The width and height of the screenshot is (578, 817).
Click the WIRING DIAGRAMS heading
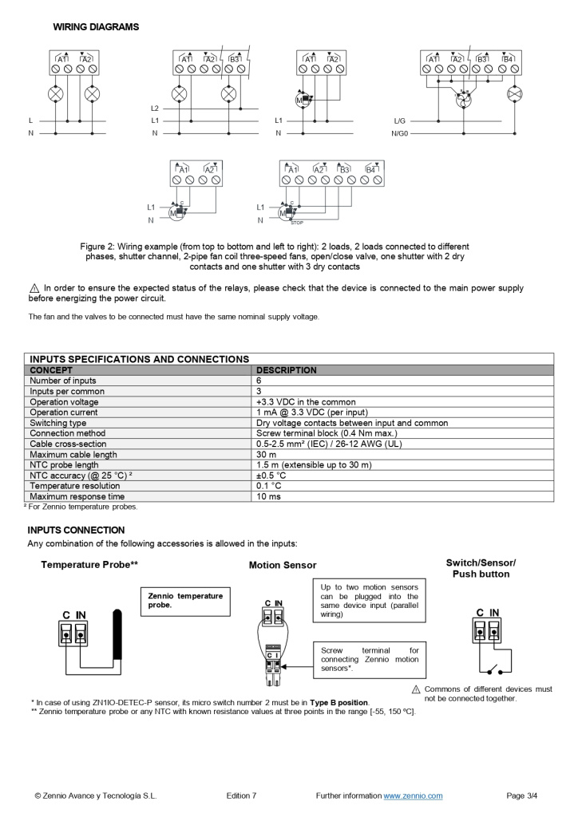pyautogui.click(x=96, y=27)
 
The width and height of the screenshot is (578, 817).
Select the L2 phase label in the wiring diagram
pyautogui.click(x=155, y=108)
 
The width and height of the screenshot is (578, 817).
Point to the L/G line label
pyautogui.click(x=400, y=120)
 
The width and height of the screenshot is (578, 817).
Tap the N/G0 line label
pyautogui.click(x=399, y=133)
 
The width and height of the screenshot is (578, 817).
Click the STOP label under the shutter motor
pyautogui.click(x=296, y=223)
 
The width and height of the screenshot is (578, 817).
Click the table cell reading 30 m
pyautogui.click(x=266, y=455)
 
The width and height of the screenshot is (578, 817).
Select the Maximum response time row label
pyautogui.click(x=77, y=496)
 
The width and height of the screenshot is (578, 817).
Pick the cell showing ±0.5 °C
pyautogui.click(x=271, y=476)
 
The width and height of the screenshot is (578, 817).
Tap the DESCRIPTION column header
pyautogui.click(x=286, y=370)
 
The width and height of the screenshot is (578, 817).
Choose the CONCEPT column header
pyautogui.click(x=51, y=370)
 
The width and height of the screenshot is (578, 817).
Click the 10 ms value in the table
pyautogui.click(x=267, y=496)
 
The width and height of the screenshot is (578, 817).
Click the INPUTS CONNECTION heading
pyautogui.click(x=76, y=530)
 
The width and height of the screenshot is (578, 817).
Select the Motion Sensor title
pyautogui.click(x=283, y=566)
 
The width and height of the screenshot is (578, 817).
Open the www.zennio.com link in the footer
pyautogui.click(x=413, y=795)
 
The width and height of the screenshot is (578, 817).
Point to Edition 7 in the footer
pyautogui.click(x=242, y=795)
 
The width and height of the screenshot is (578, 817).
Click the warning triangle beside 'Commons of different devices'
pyautogui.click(x=416, y=689)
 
